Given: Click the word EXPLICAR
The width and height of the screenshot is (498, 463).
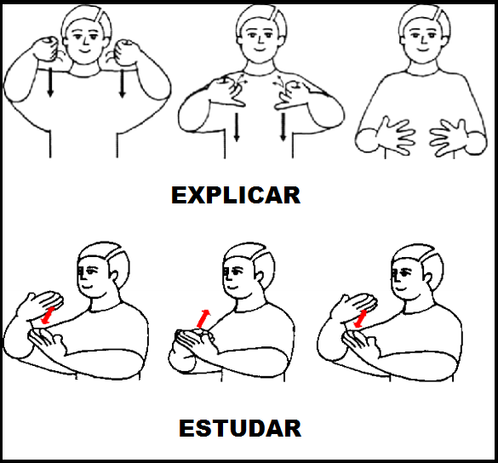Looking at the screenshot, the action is point(236,195).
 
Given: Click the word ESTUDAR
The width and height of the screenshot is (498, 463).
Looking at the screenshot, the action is point(240,428).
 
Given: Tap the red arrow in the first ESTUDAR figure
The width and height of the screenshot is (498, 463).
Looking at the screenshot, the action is point(48,315).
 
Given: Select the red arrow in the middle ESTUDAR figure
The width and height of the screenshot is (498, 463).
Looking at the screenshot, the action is point(203,318).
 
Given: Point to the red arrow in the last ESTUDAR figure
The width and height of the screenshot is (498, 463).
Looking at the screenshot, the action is point(360,318).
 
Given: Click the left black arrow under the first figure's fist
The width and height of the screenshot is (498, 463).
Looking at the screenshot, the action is point(50,82).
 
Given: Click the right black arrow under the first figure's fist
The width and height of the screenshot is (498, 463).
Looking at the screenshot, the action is point(123,83).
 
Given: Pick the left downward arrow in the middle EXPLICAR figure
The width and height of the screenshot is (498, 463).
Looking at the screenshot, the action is point(237,127).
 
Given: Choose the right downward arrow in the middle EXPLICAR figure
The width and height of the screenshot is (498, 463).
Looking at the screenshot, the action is point(283,127).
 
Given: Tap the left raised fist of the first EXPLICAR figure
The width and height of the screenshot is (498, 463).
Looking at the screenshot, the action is point(47,49).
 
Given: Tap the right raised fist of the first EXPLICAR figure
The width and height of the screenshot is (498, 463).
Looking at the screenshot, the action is point(126,53).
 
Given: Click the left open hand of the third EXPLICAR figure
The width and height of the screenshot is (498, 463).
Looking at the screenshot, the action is point(395,135).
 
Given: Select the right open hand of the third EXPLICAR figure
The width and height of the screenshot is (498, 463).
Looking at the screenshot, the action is point(449,137).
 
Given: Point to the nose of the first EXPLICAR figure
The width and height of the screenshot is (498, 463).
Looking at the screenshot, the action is point(84,40).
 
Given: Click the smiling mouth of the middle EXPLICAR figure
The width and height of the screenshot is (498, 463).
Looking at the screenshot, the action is point(259,49).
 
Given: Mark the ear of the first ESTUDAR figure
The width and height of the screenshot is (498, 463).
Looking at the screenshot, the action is point(114,277).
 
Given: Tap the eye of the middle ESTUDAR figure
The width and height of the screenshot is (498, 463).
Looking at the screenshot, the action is point(237,272).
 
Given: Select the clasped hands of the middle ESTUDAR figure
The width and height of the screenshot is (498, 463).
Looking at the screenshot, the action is point(195,340).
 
